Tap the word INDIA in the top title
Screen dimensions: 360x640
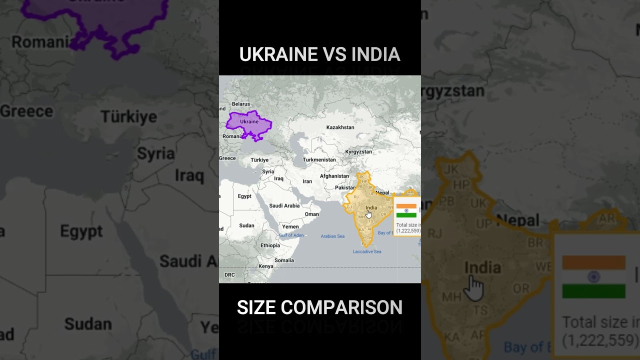point(375,54)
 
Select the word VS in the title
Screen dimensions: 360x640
point(334,54)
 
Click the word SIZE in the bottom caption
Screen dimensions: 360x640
point(256,307)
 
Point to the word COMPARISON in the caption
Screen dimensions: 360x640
point(341,307)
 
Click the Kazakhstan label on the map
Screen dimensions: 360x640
point(340,127)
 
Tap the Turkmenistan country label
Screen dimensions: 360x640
point(319,160)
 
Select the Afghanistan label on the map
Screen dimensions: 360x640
point(334,176)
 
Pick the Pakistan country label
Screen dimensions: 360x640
point(345,188)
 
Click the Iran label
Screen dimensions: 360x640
point(307,181)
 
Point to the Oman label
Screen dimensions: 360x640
point(311,214)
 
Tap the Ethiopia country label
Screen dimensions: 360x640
point(270,245)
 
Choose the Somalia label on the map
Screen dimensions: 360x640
point(284,260)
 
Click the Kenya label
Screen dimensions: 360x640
point(265,266)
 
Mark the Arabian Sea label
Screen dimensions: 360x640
point(332,236)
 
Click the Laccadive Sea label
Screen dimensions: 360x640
point(367,251)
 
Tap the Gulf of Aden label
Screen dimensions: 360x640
point(291,235)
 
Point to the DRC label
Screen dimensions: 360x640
point(229,275)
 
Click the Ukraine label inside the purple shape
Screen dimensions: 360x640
point(249,121)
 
